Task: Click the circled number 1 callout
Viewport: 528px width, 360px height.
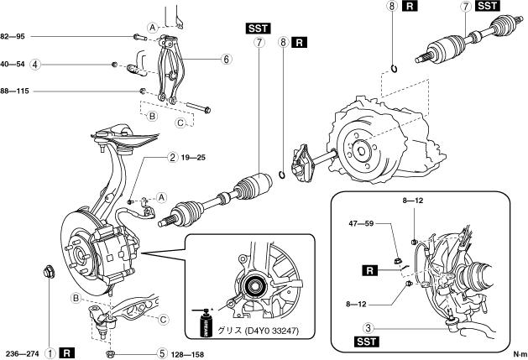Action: click(50, 353)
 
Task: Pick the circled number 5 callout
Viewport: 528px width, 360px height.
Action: click(162, 353)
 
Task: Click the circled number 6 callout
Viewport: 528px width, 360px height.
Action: click(226, 60)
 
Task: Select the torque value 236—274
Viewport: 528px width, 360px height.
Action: click(20, 353)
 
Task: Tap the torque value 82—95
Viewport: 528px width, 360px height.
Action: click(16, 37)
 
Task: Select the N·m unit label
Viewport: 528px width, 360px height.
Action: click(518, 353)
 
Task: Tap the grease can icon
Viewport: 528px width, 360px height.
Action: click(202, 323)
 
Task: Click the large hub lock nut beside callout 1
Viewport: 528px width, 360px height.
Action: click(48, 271)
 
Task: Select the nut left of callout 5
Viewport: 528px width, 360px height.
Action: click(111, 353)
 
